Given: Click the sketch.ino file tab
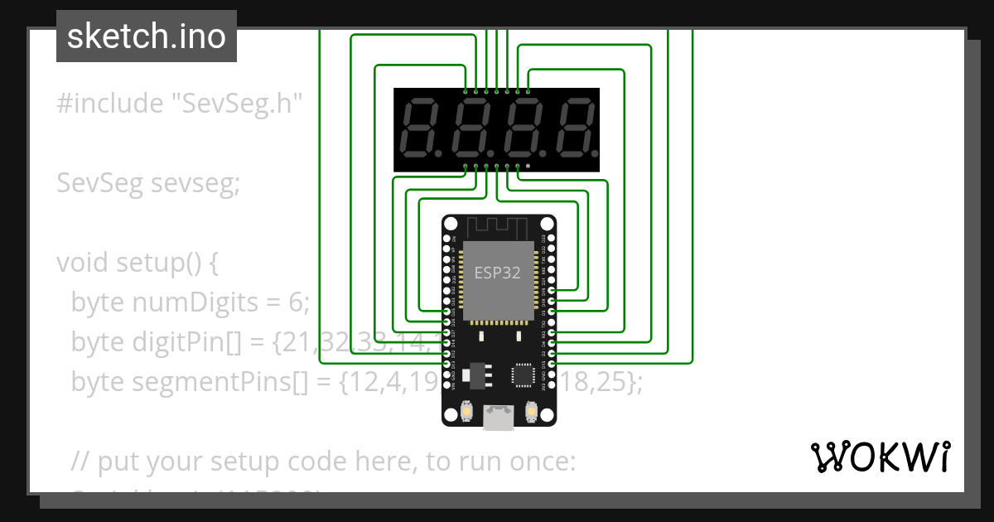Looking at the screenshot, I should tap(146, 36).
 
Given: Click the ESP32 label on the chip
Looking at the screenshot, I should tap(497, 273).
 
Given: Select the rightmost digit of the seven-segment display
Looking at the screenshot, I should tap(575, 129).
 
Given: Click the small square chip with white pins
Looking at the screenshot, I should tap(524, 375).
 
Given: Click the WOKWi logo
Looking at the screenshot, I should tap(880, 457).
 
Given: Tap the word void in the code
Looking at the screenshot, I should tap(83, 263).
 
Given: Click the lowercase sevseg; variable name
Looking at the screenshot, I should tap(195, 183).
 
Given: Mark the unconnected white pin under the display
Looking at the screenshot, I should tap(528, 167).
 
